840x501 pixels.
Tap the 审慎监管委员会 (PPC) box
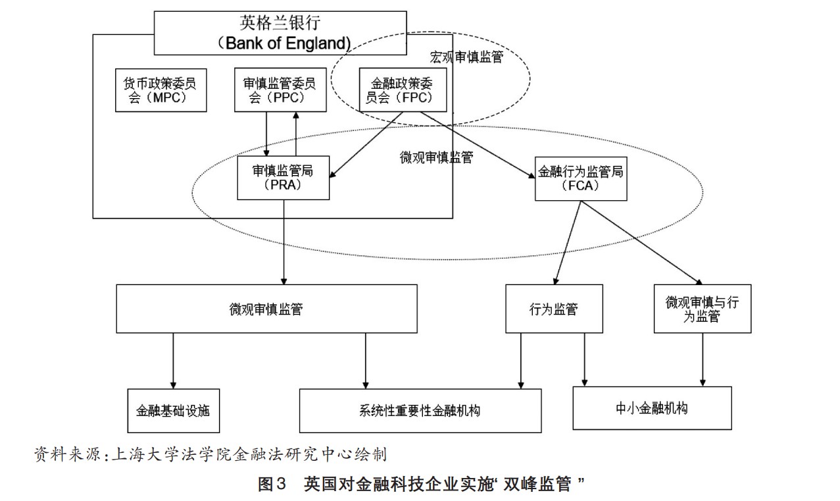[x=279, y=91]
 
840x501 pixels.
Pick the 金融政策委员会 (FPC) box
[x=403, y=91]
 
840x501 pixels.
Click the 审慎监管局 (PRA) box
[x=283, y=178]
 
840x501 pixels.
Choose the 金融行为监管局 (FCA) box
[x=580, y=178]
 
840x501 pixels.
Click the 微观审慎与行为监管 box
[x=702, y=309]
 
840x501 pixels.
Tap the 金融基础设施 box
[x=172, y=410]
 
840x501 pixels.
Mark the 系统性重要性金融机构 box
[x=420, y=410]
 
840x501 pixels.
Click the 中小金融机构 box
[x=651, y=408]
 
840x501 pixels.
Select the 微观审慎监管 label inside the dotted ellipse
[x=435, y=158]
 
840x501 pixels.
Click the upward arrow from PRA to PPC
[x=296, y=135]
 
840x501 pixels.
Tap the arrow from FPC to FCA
[x=477, y=145]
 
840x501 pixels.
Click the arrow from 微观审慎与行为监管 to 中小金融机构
[x=703, y=359]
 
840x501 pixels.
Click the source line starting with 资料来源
[x=210, y=454]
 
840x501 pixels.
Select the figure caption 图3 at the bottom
[x=421, y=485]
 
